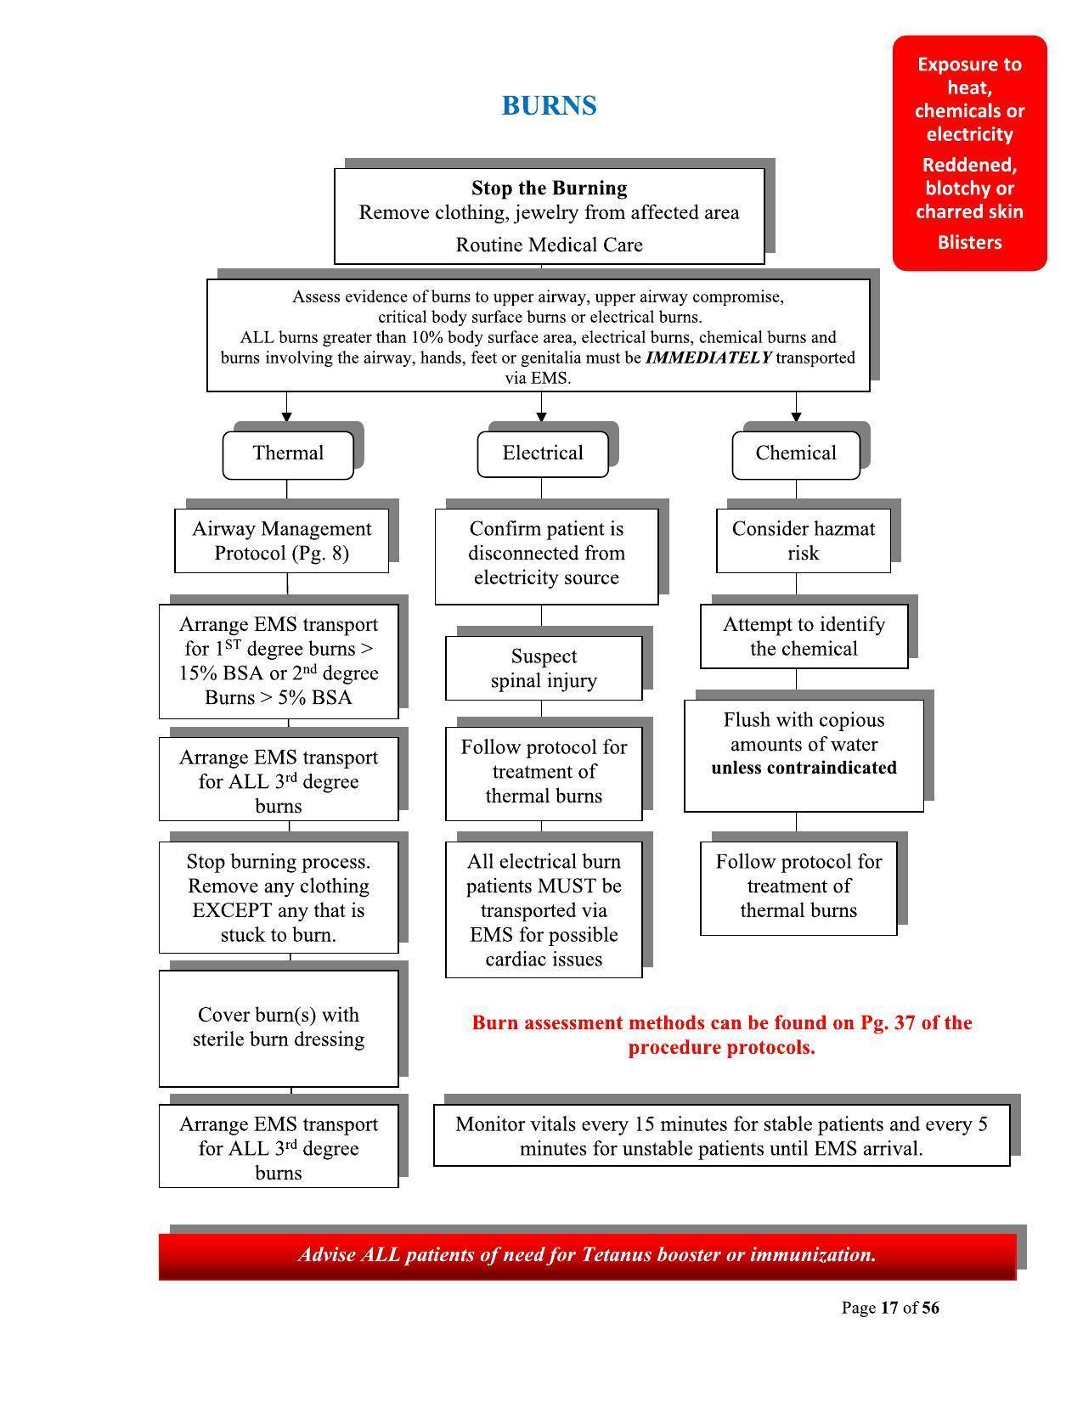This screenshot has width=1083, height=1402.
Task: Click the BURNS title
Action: [549, 105]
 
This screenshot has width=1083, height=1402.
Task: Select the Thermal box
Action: [288, 453]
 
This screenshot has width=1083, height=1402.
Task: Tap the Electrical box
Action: [543, 453]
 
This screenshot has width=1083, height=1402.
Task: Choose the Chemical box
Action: [796, 453]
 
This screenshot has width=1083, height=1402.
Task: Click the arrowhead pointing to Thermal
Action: [287, 416]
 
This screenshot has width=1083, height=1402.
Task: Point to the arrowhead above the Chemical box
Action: [796, 416]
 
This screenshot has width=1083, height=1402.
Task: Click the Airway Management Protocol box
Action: [282, 541]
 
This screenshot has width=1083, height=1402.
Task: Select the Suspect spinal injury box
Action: [544, 668]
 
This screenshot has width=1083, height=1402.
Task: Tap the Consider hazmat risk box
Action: [804, 541]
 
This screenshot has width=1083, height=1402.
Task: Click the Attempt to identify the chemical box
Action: [804, 637]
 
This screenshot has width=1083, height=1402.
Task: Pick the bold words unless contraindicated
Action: [804, 768]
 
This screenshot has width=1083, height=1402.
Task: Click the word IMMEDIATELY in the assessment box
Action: [708, 358]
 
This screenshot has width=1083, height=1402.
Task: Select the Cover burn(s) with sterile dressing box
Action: [279, 1028]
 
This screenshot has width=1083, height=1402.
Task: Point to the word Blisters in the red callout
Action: [969, 243]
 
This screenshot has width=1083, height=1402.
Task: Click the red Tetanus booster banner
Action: [587, 1255]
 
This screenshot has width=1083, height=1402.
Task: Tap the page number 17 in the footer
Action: [889, 1308]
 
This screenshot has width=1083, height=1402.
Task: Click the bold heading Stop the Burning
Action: [549, 188]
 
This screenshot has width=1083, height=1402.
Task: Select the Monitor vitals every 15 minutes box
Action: [721, 1136]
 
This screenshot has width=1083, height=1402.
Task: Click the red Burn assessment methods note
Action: [721, 1035]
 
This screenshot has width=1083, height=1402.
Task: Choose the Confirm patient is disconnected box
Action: [546, 554]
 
